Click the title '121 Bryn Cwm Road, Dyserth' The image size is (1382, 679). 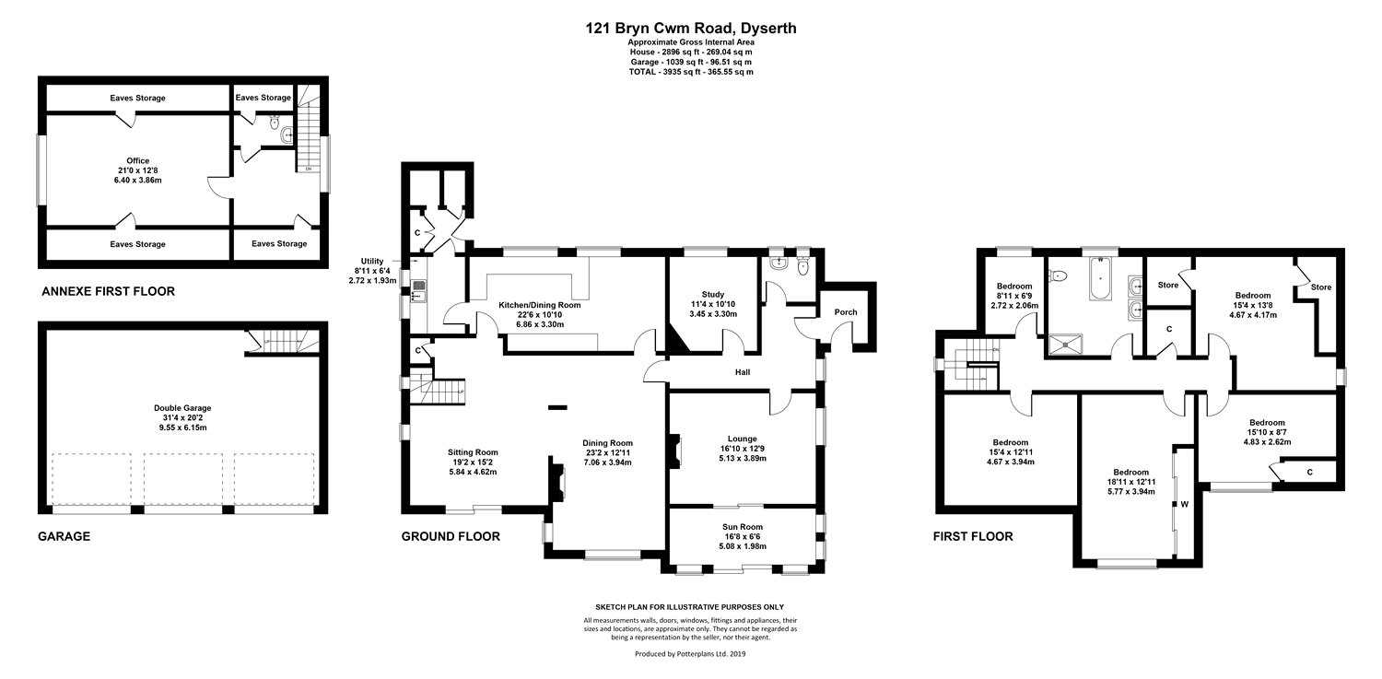pyautogui.click(x=691, y=28)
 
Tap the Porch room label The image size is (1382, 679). pyautogui.click(x=845, y=312)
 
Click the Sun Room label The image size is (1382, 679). pyautogui.click(x=742, y=526)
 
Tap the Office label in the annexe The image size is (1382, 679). pyautogui.click(x=137, y=161)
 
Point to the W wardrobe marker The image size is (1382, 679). pyautogui.click(x=1185, y=504)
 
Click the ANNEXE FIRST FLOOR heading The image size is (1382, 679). pyautogui.click(x=108, y=292)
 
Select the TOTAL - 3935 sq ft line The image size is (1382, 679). pyautogui.click(x=691, y=71)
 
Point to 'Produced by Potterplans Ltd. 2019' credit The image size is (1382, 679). pyautogui.click(x=691, y=653)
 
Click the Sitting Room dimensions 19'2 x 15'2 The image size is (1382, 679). pyautogui.click(x=473, y=462)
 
